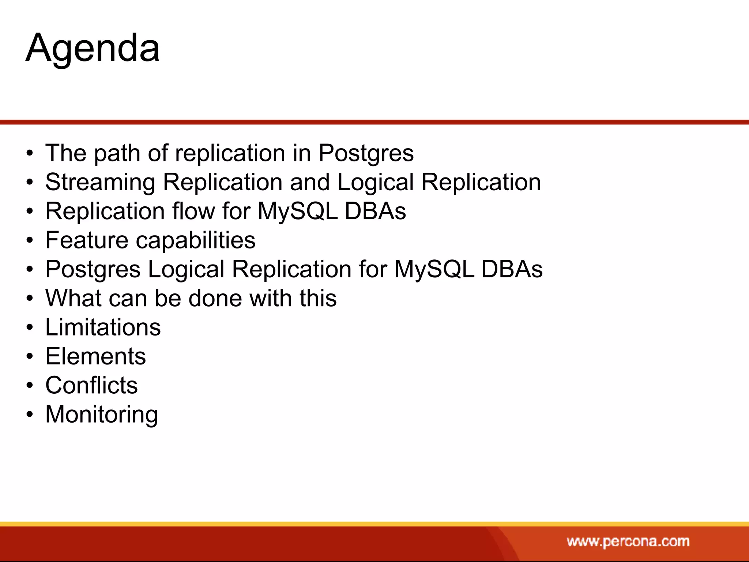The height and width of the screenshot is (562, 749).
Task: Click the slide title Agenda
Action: pos(93,49)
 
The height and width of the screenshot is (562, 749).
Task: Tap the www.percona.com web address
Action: pos(628,541)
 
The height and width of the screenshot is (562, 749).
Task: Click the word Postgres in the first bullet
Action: pos(366,153)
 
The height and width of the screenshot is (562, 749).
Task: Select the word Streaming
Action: pos(100,182)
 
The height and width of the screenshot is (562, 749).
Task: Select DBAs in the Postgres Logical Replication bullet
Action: pos(512,269)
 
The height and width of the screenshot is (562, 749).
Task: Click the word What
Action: pos(73,298)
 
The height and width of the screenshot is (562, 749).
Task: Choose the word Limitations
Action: pos(103,327)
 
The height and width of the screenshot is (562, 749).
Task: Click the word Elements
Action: pos(95,356)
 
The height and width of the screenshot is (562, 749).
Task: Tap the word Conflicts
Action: pos(91,385)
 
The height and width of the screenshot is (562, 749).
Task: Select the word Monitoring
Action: pos(102,415)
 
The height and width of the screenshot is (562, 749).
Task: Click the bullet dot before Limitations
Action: pos(30,328)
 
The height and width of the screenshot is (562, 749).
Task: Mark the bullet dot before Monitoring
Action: pos(30,415)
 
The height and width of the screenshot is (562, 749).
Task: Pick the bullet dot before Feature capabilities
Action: pos(30,241)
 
